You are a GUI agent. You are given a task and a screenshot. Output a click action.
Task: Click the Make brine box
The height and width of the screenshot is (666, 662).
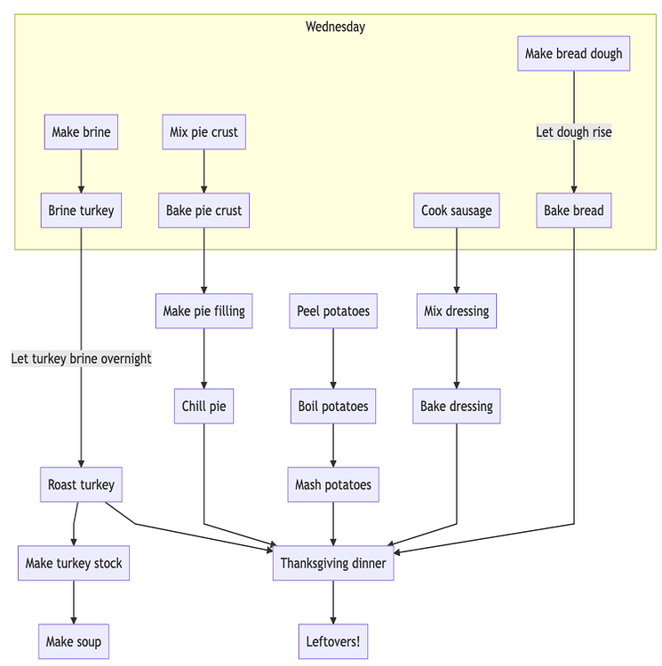click(x=81, y=132)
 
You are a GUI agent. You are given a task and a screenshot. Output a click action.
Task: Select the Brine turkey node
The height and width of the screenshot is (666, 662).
click(x=81, y=210)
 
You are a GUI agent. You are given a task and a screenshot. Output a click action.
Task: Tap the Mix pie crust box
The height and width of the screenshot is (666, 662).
click(x=204, y=132)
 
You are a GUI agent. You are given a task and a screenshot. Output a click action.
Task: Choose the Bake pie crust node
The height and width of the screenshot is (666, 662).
click(x=204, y=210)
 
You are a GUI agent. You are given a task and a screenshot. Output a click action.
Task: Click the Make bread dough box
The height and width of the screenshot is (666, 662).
click(x=573, y=53)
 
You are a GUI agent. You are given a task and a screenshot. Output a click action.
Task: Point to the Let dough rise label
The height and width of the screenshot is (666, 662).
click(x=573, y=132)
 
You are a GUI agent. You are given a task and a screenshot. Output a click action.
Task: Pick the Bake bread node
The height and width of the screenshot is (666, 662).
click(x=573, y=210)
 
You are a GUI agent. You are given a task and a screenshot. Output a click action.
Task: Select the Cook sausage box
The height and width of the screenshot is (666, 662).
click(x=457, y=210)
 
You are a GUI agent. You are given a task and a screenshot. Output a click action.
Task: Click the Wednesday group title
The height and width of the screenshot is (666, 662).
click(x=335, y=27)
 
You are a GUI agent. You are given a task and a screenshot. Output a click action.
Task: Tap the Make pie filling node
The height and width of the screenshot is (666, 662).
click(x=204, y=311)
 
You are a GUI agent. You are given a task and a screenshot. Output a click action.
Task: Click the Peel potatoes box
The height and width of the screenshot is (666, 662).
click(x=333, y=311)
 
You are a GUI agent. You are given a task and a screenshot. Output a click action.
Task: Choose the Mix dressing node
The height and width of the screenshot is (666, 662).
click(x=457, y=311)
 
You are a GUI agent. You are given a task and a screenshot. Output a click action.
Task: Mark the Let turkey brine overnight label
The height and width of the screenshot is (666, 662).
click(x=81, y=359)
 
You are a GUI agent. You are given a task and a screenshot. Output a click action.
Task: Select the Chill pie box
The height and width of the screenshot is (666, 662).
click(x=204, y=407)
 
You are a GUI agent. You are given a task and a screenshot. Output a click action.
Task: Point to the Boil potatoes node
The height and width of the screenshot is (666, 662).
click(x=333, y=407)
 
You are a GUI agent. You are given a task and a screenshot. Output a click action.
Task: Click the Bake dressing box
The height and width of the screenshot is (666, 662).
click(x=457, y=407)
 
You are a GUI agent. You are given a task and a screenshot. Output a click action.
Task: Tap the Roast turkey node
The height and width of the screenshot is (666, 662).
click(x=81, y=485)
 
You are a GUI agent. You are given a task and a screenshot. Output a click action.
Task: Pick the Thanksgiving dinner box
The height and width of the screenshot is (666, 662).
click(x=333, y=563)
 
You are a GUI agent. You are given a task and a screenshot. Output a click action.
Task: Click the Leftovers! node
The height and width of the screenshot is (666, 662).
click(x=333, y=641)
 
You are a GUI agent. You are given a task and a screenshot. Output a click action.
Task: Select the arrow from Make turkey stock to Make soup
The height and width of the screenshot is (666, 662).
click(x=74, y=603)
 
